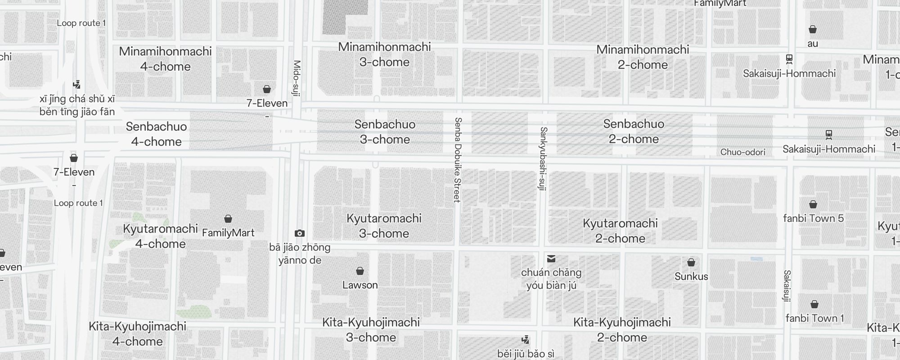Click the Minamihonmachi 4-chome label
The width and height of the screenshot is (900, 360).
point(165,59)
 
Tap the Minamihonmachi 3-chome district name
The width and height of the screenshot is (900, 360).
point(384,54)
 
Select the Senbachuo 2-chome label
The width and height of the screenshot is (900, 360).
point(634,131)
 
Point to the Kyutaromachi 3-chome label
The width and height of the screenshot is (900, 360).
point(384,226)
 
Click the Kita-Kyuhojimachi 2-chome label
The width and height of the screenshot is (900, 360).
point(622,330)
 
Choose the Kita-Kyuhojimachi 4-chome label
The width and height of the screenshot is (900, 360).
point(137,334)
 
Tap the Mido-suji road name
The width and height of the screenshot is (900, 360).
point(297,78)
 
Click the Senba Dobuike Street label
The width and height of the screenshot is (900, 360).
point(458,160)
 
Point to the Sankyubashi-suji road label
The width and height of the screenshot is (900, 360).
point(543,158)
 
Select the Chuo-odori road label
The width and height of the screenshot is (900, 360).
point(742,152)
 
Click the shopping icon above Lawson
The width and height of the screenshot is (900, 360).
point(360,271)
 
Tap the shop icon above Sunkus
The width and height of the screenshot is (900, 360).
point(691,262)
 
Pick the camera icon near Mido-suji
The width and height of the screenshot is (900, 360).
point(300,233)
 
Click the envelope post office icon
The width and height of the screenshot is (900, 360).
point(551,259)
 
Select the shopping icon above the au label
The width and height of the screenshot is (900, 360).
point(813,30)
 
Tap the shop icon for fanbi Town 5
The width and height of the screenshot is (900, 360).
point(813,205)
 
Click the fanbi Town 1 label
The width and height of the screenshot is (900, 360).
point(814,318)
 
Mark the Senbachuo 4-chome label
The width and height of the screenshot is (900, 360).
point(156,134)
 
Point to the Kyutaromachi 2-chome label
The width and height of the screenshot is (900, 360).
point(620,231)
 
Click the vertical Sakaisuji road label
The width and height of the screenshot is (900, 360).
point(787,286)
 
